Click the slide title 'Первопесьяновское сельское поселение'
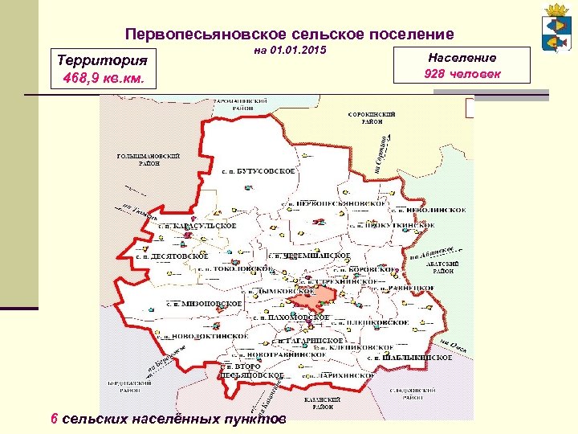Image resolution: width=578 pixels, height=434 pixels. coord(290,35)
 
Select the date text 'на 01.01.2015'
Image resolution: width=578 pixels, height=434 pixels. coord(290,51)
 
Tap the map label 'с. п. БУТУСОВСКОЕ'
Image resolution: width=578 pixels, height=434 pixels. coord(258,172)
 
